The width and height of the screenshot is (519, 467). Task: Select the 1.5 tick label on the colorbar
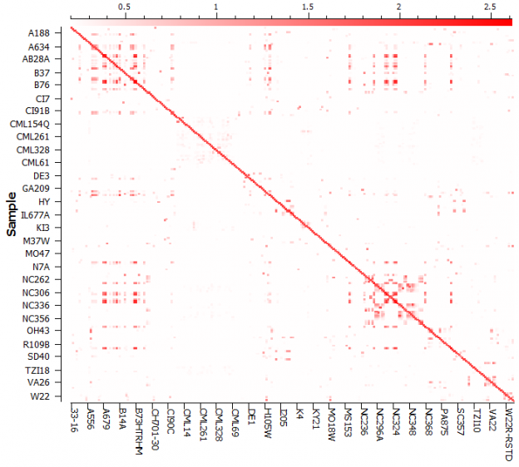308,7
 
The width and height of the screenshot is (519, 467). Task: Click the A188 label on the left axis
37,33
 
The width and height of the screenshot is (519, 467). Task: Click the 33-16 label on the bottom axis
75,417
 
